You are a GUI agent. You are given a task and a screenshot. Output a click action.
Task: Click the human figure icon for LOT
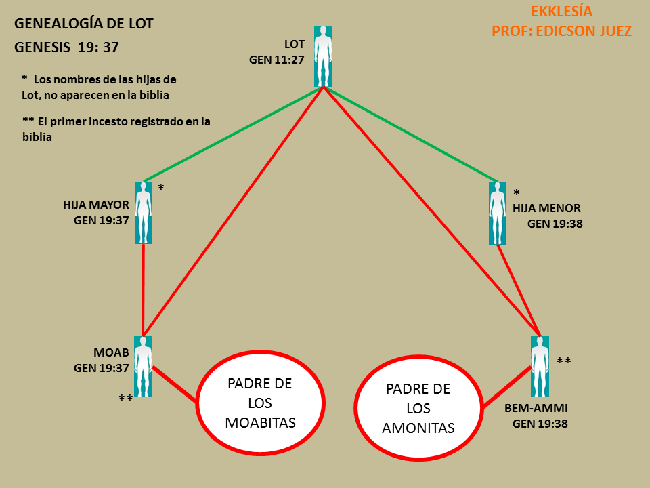pyautogui.click(x=324, y=56)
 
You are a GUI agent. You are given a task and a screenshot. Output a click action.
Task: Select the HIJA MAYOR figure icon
pyautogui.click(x=143, y=212)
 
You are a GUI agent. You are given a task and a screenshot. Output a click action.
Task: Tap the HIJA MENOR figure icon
pyautogui.click(x=498, y=213)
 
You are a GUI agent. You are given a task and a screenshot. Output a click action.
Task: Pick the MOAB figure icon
pyautogui.click(x=143, y=366)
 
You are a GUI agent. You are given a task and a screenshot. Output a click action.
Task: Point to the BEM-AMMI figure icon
pyautogui.click(x=540, y=367)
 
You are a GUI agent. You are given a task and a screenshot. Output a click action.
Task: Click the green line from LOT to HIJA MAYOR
pyautogui.click(x=234, y=134)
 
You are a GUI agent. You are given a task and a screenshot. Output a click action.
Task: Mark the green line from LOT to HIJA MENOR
pyautogui.click(x=412, y=134)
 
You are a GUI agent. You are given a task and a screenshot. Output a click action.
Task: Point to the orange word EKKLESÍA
pyautogui.click(x=561, y=12)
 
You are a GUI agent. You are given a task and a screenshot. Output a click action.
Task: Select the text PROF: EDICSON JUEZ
pyautogui.click(x=561, y=31)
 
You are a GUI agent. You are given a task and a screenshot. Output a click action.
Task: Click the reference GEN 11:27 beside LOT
pyautogui.click(x=276, y=59)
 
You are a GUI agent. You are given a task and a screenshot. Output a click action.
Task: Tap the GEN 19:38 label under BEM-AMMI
pyautogui.click(x=540, y=424)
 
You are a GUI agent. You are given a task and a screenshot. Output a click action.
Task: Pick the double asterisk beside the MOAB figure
pyautogui.click(x=125, y=399)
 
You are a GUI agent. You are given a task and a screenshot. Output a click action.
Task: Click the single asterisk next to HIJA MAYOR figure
pyautogui.click(x=160, y=187)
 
